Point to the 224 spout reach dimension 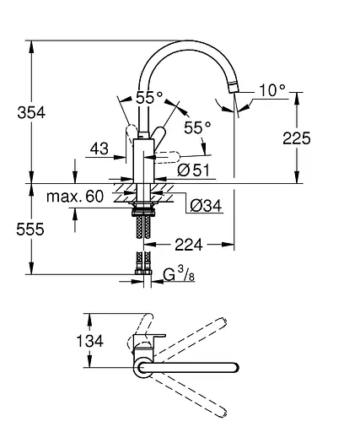(x=190, y=246)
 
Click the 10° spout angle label (x=271, y=87)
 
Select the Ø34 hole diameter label (x=205, y=205)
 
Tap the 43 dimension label (x=99, y=148)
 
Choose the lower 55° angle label (x=196, y=127)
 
